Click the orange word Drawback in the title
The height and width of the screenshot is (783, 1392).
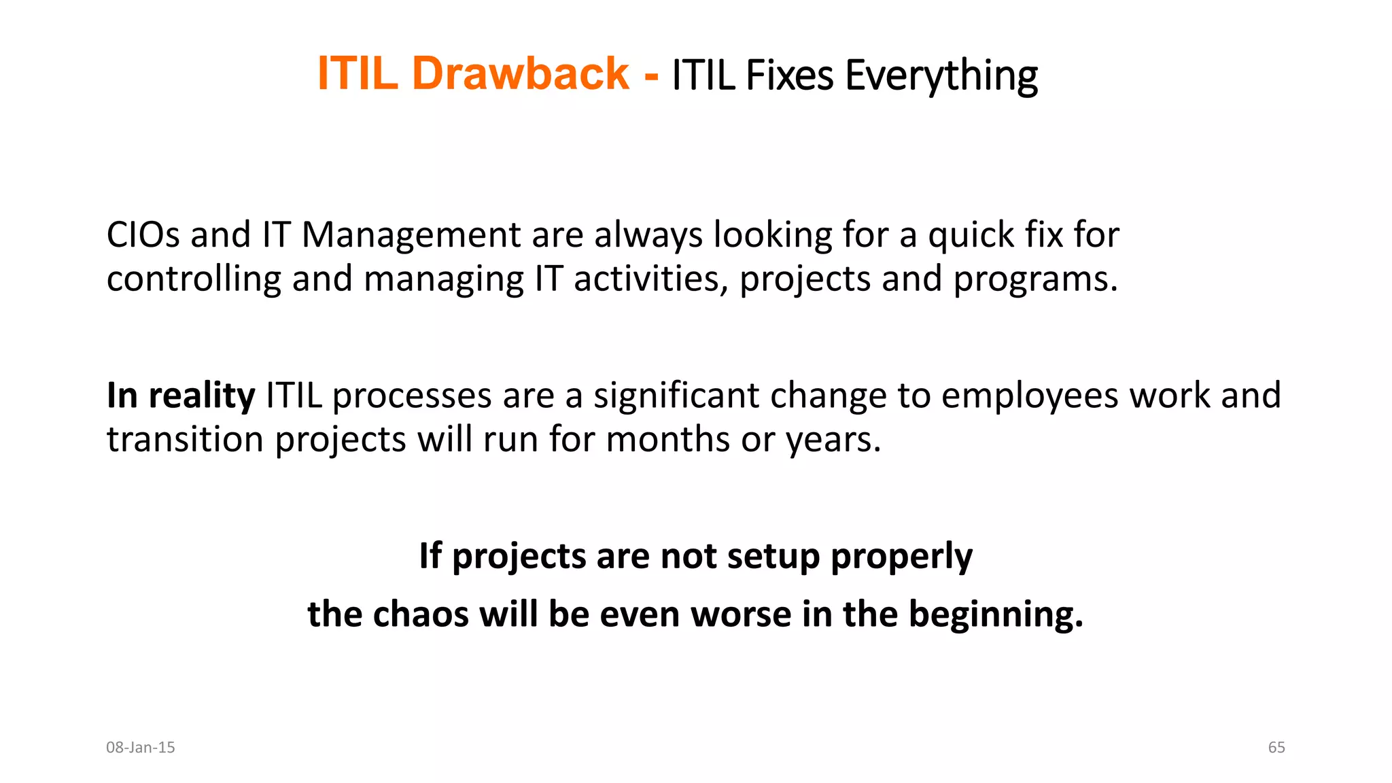click(520, 73)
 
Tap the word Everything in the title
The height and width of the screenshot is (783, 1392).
click(941, 75)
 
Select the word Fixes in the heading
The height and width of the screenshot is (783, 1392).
click(789, 75)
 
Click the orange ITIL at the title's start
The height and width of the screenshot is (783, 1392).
click(358, 73)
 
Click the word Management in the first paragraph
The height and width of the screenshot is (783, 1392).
click(411, 235)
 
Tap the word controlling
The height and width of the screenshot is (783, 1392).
click(194, 279)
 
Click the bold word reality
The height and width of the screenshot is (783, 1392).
click(202, 396)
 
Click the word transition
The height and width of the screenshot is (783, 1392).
click(185, 439)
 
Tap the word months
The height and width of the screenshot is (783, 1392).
click(667, 439)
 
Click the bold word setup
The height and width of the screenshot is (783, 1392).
click(773, 557)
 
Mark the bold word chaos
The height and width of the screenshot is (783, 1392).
click(421, 614)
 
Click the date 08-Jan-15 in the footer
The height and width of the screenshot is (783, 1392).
click(141, 748)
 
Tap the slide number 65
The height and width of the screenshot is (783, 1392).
click(1276, 748)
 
